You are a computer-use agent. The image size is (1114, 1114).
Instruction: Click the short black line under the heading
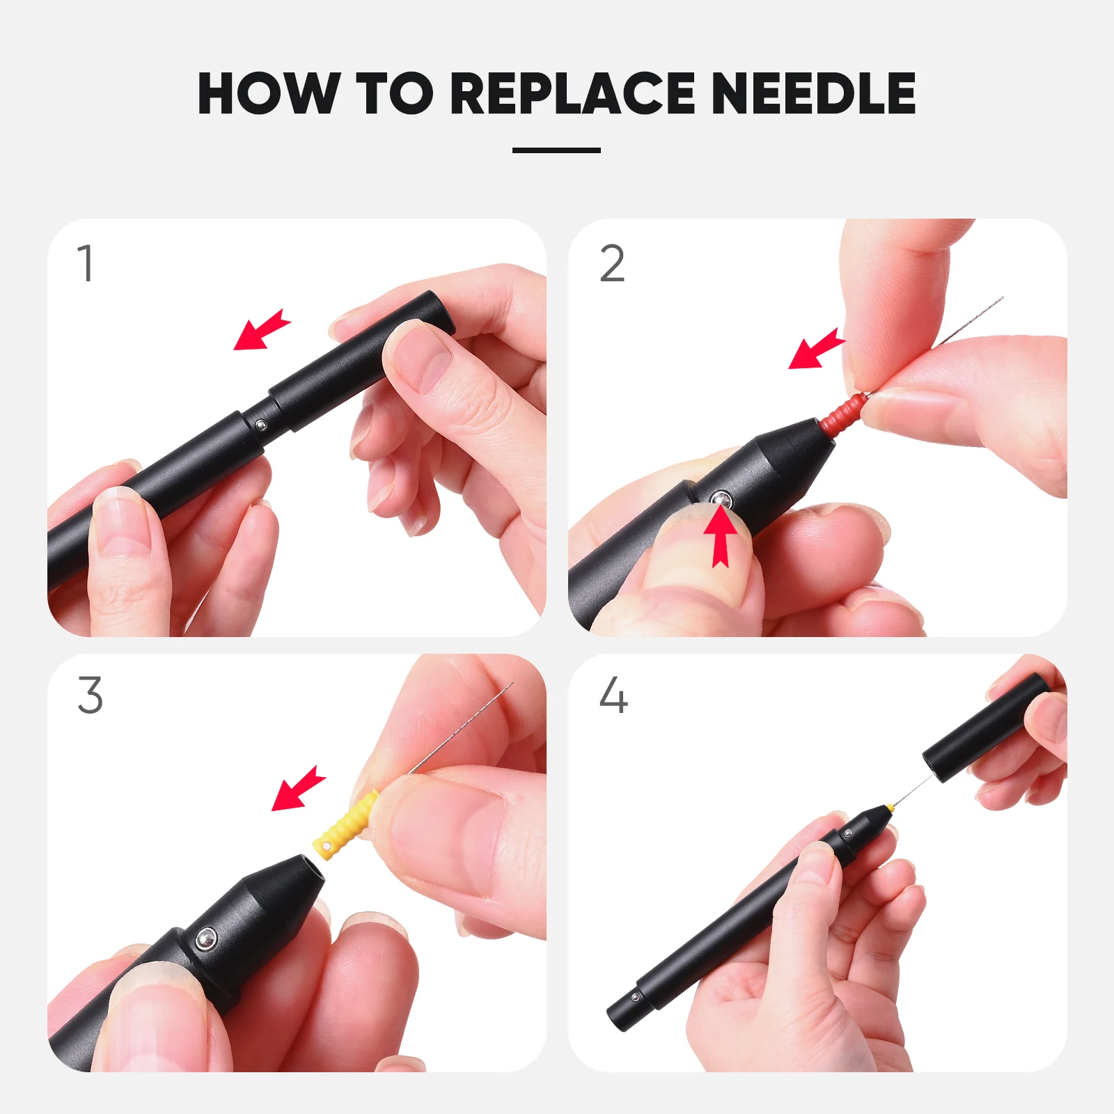point(556,150)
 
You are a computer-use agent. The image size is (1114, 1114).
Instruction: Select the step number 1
point(86,263)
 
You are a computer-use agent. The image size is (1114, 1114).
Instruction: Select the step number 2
point(613,263)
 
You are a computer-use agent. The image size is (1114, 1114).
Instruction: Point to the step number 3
point(91,695)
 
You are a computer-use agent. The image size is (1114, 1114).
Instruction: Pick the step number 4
point(613,695)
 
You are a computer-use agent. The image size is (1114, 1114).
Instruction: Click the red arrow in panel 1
point(261,330)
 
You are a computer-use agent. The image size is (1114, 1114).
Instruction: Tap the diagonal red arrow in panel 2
point(816,348)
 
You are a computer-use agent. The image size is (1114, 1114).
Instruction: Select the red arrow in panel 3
point(298,789)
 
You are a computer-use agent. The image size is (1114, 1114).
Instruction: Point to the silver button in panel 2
point(721,499)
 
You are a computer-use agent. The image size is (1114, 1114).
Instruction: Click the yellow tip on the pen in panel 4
point(889,808)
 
